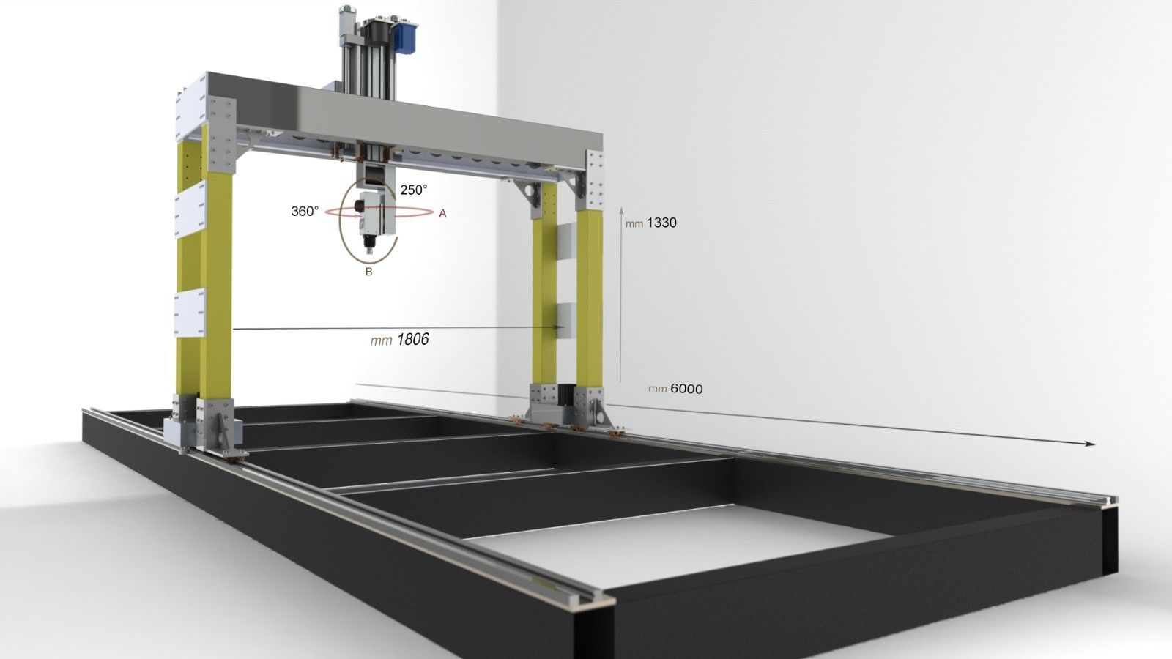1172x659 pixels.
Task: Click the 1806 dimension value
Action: [x=413, y=340]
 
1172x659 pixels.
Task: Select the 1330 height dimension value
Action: [x=662, y=223]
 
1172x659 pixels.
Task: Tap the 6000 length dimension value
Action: [x=686, y=389]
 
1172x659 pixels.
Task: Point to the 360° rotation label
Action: [x=305, y=212]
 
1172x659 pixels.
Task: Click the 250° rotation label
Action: [x=414, y=190]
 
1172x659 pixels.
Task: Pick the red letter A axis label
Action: [x=442, y=213]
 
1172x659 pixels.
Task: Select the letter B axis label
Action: [x=369, y=272]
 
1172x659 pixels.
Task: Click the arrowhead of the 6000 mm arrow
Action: [x=1089, y=444]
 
